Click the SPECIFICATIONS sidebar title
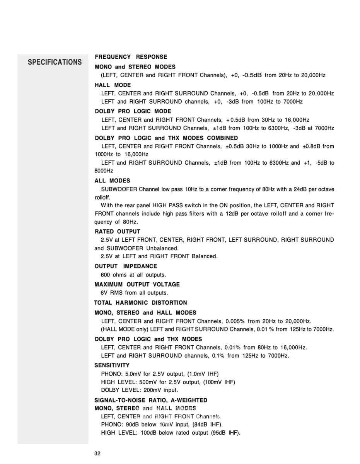coord(55,62)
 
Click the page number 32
coord(97,454)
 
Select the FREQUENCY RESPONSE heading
coord(131,57)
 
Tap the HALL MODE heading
coord(113,85)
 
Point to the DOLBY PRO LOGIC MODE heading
coord(133,111)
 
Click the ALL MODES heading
coord(112,181)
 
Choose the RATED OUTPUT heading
coord(117,232)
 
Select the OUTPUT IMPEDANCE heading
coord(126,266)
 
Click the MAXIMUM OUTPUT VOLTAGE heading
coord(137,284)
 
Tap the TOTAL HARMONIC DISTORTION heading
coord(140,302)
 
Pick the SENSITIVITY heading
coord(112,365)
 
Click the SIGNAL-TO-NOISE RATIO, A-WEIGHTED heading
coord(151,400)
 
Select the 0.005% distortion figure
coord(235,321)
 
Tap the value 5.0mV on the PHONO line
coord(131,374)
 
